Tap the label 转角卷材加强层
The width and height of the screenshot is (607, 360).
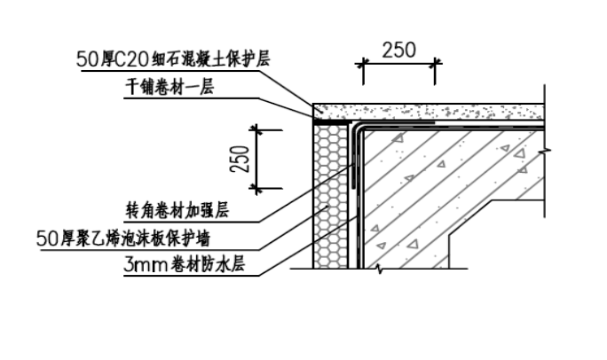[178, 211]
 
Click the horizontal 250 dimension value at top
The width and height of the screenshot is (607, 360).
[398, 51]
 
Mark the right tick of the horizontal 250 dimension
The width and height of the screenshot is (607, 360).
[436, 63]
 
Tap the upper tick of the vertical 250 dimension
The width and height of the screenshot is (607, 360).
[256, 130]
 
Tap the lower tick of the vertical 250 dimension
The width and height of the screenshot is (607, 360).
[256, 189]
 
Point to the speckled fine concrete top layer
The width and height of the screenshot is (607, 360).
[426, 111]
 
